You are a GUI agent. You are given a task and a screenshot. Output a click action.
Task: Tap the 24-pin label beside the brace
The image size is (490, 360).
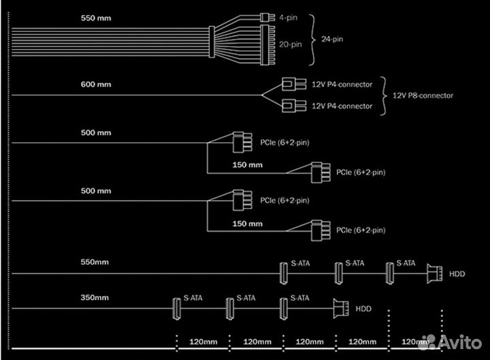click(x=333, y=39)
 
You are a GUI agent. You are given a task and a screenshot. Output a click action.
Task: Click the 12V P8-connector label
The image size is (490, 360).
click(x=423, y=95)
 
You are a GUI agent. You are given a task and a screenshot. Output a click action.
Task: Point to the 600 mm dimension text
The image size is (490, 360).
click(x=95, y=84)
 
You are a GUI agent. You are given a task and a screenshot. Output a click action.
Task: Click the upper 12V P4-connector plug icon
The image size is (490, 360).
click(x=291, y=84)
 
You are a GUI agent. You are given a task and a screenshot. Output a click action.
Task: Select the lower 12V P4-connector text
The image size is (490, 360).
click(x=342, y=106)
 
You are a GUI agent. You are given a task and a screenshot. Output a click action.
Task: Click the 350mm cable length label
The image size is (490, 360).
click(x=93, y=297)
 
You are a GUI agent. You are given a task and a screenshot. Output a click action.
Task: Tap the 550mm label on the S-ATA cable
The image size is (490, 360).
click(x=94, y=262)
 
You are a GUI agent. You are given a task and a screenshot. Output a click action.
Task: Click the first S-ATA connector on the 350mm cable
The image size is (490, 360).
click(x=175, y=308)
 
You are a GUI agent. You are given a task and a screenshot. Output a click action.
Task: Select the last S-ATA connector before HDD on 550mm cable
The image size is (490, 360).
click(x=391, y=274)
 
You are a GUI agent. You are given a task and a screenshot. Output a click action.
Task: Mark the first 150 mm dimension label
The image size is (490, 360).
click(x=247, y=165)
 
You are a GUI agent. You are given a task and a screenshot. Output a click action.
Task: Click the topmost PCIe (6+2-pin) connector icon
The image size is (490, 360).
click(x=238, y=143)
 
